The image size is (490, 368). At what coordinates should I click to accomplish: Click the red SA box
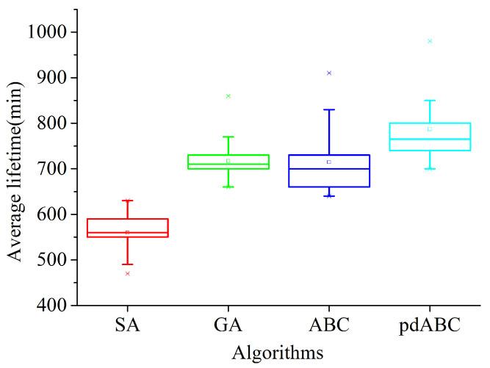click(x=128, y=227)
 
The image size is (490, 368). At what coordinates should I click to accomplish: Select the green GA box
click(x=228, y=162)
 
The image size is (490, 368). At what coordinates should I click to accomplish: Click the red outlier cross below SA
click(x=128, y=273)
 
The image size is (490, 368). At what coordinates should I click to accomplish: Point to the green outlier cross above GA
click(x=228, y=96)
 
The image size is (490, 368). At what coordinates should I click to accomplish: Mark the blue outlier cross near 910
click(x=329, y=73)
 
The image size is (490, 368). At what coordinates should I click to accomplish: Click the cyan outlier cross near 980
click(x=430, y=41)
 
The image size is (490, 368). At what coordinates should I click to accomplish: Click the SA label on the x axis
click(x=128, y=325)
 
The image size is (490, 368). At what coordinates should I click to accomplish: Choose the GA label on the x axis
click(x=228, y=325)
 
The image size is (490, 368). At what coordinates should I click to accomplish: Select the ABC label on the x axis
click(x=329, y=325)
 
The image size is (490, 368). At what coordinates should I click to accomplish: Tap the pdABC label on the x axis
click(x=430, y=325)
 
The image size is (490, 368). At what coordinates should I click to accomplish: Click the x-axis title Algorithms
click(x=278, y=353)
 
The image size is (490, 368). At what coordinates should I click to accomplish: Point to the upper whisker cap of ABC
click(x=329, y=109)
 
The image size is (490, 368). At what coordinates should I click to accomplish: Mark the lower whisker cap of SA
click(x=128, y=264)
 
